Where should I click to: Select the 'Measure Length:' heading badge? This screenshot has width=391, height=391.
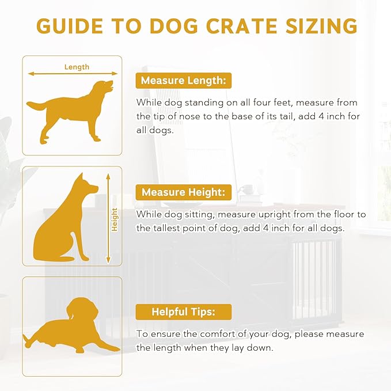click(183, 80)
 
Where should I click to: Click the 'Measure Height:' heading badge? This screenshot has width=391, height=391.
click(184, 192)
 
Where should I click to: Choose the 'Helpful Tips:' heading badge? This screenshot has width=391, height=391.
click(184, 312)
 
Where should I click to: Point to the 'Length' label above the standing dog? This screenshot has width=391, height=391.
click(77, 67)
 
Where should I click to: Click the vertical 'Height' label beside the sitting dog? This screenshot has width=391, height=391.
click(115, 219)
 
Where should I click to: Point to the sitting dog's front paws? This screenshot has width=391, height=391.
click(81, 256)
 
